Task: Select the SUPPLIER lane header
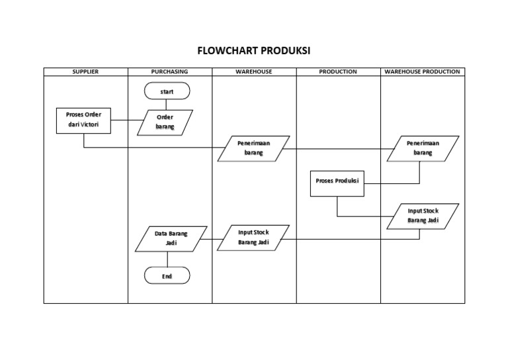85,71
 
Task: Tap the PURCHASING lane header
169,71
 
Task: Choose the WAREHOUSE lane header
254,71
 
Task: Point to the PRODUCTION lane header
338,71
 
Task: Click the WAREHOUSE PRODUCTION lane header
422,71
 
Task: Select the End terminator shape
166,276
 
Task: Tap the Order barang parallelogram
166,122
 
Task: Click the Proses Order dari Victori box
84,120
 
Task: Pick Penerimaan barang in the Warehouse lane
253,148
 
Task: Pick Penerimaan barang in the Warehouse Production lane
423,148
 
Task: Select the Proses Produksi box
337,183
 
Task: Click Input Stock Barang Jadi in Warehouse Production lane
423,216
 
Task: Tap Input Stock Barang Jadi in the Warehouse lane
253,238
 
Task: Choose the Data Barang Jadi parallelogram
171,238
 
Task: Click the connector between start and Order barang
166,105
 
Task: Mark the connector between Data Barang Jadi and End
166,259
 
